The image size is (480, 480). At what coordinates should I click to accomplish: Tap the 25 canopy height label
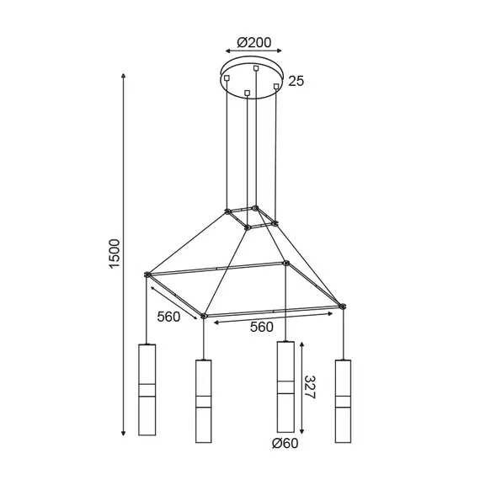point(296,82)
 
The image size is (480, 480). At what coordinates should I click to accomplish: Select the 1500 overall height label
point(115,254)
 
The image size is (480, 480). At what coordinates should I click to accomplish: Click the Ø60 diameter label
point(284,444)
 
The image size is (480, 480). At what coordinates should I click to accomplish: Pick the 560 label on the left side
point(168,318)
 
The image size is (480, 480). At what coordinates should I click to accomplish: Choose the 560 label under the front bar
point(268,327)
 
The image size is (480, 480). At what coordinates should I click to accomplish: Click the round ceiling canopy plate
point(253,76)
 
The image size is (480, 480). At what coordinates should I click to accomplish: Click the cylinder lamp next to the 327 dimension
point(285,387)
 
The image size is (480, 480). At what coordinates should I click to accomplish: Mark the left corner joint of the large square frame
point(147,274)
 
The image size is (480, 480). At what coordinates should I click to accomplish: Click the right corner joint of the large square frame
point(342,306)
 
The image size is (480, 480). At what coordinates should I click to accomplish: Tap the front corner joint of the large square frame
point(203,317)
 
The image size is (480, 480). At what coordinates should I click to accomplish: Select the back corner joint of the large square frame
point(286,264)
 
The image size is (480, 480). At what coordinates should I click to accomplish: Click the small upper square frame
point(251,216)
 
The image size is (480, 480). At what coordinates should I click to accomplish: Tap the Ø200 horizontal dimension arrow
point(253,53)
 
